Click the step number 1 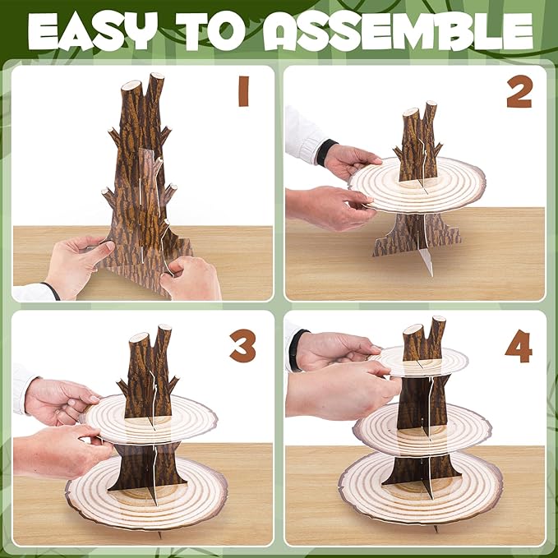(x=244, y=91)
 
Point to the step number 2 (x=519, y=91)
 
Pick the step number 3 (x=243, y=345)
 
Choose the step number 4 (x=519, y=346)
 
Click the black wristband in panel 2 (x=325, y=152)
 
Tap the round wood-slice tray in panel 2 (x=418, y=186)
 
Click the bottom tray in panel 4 (x=421, y=487)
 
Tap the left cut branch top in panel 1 (x=131, y=85)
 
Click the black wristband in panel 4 (x=294, y=350)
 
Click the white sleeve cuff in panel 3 (x=21, y=389)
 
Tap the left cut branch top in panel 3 (x=139, y=338)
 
